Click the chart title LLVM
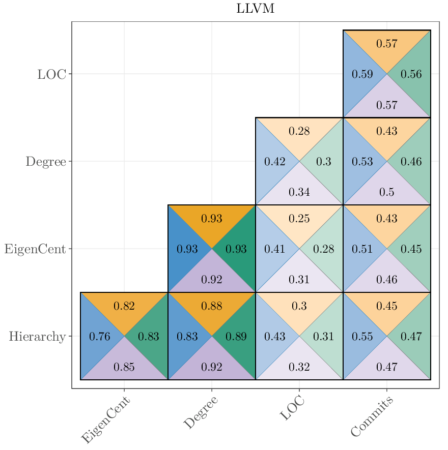256,9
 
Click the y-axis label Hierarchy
37,337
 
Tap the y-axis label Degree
46,162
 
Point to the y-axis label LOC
51,74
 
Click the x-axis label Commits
372,417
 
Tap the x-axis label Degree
201,412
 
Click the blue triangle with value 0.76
100,337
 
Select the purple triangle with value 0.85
124,367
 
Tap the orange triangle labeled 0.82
124,306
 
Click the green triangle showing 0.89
236,337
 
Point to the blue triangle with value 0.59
362,74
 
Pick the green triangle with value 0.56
411,74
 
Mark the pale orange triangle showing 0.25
299,219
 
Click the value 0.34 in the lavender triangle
299,192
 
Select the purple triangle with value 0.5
387,192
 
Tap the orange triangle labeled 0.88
212,306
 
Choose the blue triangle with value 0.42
275,162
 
